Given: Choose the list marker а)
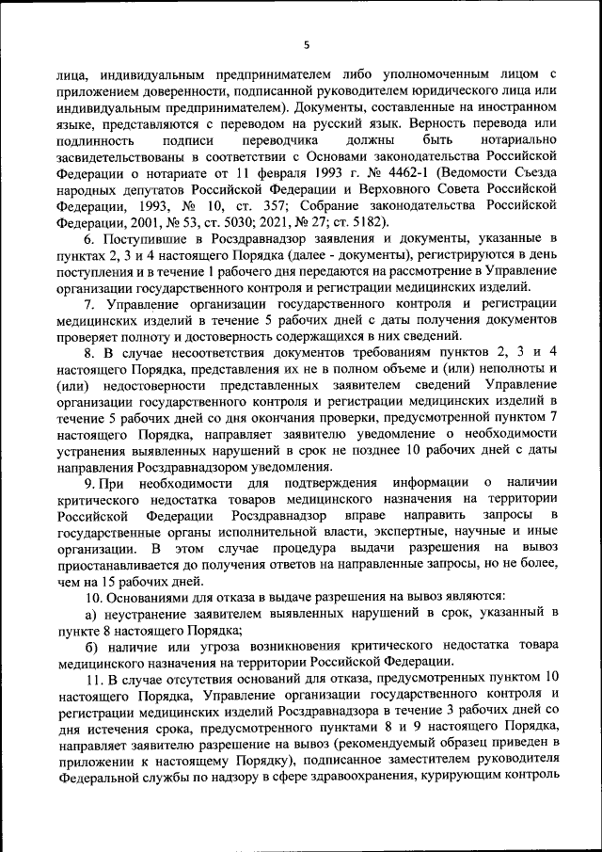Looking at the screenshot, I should (90, 614).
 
